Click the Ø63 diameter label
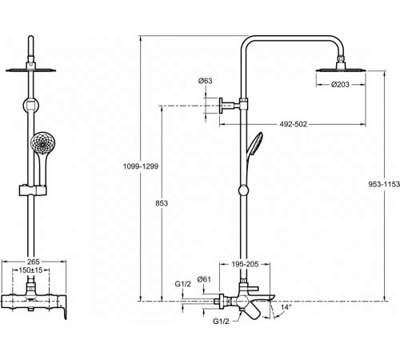click(x=205, y=81)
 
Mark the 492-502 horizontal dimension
click(x=295, y=124)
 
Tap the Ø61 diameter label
click(x=204, y=278)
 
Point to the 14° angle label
click(x=286, y=306)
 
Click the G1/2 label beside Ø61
click(x=182, y=284)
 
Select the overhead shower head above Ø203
click(x=342, y=70)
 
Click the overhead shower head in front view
click(x=31, y=70)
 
